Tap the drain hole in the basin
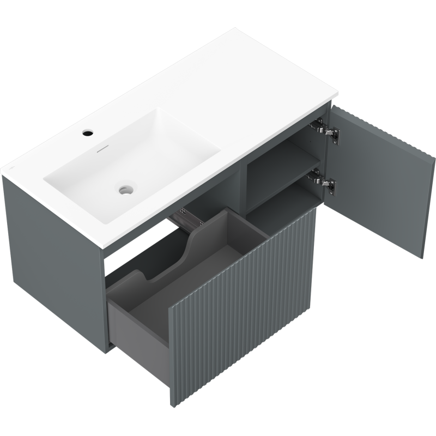click(x=126, y=190)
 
